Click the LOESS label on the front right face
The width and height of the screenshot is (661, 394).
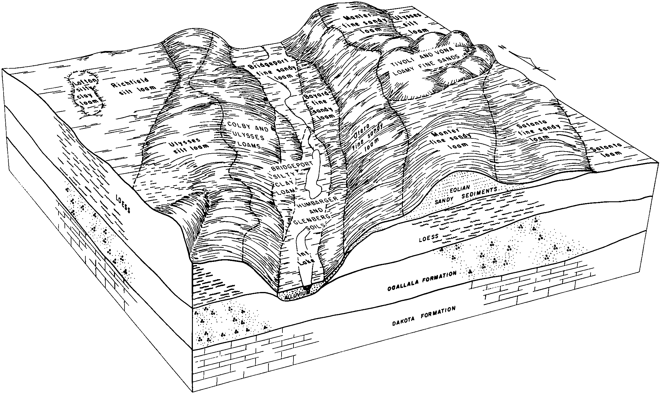point(429,237)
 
